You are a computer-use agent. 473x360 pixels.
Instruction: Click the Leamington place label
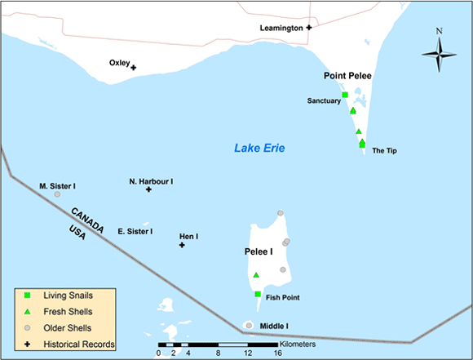coord(281,28)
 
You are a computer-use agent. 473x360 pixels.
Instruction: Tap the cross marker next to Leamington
coord(309,28)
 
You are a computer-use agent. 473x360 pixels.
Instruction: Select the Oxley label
coord(119,62)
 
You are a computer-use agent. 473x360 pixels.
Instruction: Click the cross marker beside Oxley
coord(133,68)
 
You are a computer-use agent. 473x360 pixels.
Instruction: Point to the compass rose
coord(439,54)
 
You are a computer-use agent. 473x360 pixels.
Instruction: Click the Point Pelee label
coord(347,76)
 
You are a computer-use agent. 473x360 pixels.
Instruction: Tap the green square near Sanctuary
coord(345,96)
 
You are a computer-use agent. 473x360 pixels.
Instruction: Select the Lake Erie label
coord(259,148)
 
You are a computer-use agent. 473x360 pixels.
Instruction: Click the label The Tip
coord(383,151)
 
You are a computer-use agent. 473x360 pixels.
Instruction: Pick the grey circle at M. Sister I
coord(57,194)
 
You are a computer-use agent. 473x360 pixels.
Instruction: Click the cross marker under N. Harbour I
coord(148,189)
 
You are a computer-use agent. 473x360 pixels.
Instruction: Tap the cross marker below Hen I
coord(182,245)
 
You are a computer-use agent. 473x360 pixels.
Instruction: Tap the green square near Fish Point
coord(258,294)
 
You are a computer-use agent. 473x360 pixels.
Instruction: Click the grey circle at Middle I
coord(248,327)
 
